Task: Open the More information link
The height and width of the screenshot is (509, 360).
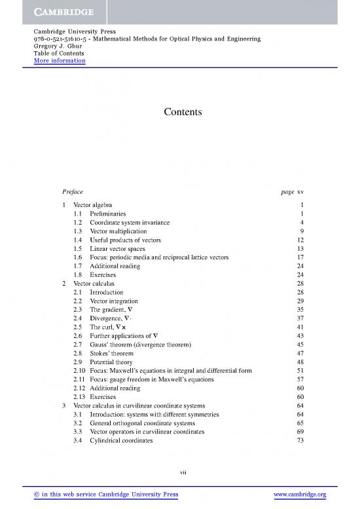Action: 60,61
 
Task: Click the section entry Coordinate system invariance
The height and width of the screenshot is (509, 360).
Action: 130,223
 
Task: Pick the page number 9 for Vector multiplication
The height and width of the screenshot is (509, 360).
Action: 302,231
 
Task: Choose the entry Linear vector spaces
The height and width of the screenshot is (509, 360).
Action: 120,249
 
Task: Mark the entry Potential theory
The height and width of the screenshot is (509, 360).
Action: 111,362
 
